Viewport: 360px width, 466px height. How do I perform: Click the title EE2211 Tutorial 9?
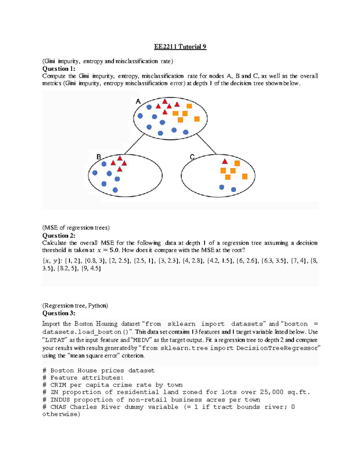[x=180, y=47]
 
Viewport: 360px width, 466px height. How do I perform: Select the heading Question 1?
[x=59, y=69]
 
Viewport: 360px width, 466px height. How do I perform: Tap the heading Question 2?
[x=59, y=236]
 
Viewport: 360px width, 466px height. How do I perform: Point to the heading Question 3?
[x=59, y=313]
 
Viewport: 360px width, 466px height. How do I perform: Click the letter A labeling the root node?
[x=138, y=101]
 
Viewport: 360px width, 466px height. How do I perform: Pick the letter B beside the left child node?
[x=98, y=157]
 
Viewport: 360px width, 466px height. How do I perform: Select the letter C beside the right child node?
[x=192, y=157]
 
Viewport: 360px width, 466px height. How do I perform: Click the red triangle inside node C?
[x=225, y=161]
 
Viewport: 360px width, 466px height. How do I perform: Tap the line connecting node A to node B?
[x=134, y=144]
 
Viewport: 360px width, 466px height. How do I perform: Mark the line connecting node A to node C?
[x=206, y=144]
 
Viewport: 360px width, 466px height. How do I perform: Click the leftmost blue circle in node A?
[x=140, y=116]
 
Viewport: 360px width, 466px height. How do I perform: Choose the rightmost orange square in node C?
[x=245, y=176]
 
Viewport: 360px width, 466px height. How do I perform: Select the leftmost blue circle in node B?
[x=95, y=173]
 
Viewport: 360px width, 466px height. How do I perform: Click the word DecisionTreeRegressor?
[x=277, y=348]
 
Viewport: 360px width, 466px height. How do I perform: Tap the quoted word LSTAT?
[x=55, y=340]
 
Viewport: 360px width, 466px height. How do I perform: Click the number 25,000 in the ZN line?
[x=271, y=392]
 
